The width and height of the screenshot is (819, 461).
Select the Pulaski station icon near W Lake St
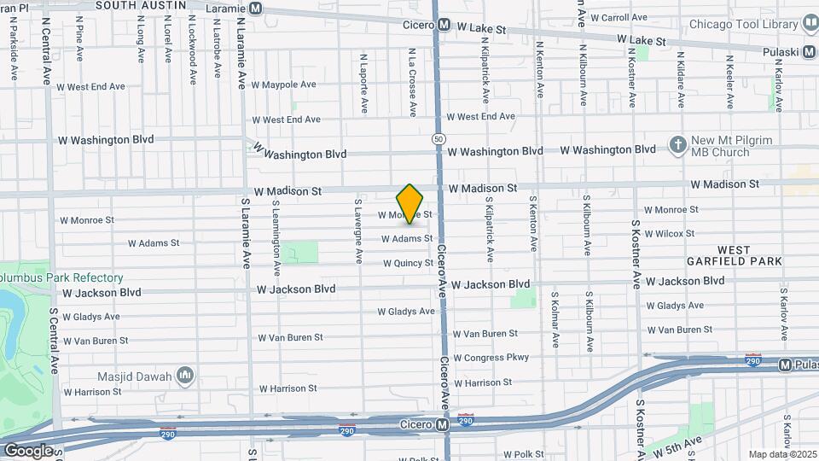click(x=810, y=52)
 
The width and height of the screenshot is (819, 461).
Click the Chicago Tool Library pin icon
click(x=809, y=24)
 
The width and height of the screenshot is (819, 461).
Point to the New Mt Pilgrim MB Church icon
click(x=678, y=145)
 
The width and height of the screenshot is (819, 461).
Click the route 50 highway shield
click(x=438, y=137)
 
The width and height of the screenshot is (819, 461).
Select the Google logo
click(x=28, y=450)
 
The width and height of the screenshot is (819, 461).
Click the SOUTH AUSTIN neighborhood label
click(x=141, y=5)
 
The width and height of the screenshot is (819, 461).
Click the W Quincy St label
click(x=408, y=264)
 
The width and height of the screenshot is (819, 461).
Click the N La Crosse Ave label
click(x=412, y=82)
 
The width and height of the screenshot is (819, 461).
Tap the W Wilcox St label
click(x=671, y=233)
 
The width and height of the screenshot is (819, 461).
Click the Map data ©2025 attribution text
click(x=781, y=454)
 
